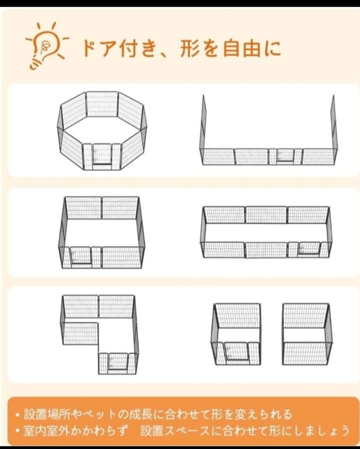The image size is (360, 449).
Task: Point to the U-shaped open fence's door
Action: pos(285,156)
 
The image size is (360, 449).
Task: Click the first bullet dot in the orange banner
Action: pos(17,415)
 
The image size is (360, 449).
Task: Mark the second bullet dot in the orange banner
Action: pos(17,431)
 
